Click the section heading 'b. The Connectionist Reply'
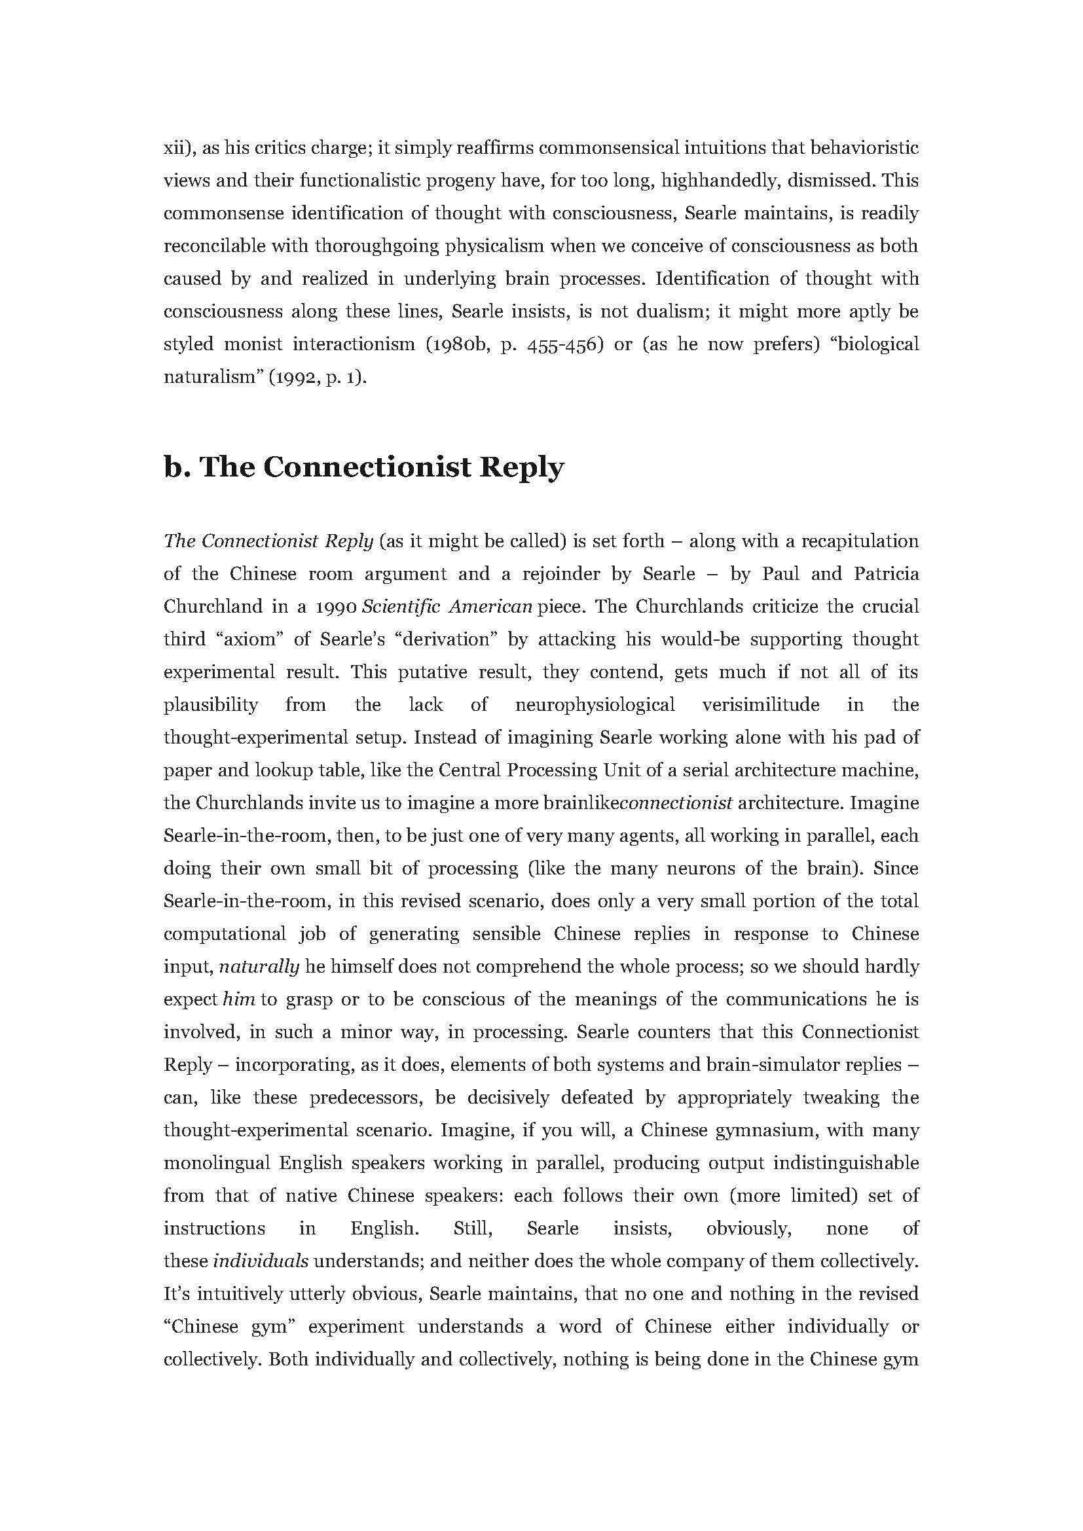tap(363, 467)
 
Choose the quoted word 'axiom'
tap(251, 639)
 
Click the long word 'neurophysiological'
tap(595, 705)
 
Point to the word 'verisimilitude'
tap(761, 705)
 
